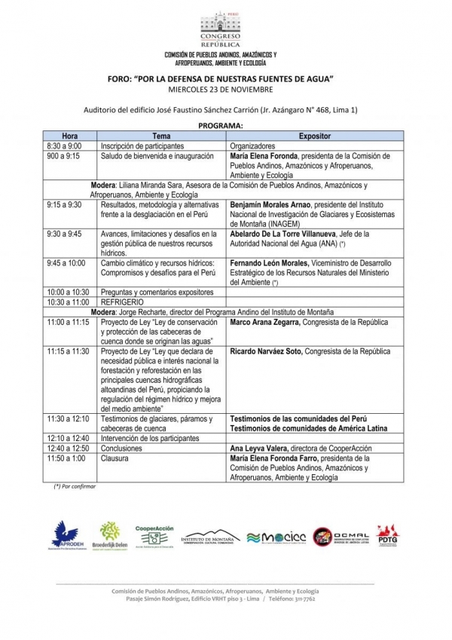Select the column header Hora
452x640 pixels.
(70, 136)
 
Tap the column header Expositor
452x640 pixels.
(310, 136)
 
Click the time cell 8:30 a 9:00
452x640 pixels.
(65, 145)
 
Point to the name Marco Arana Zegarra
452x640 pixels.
(264, 322)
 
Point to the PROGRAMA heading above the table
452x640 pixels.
(220, 126)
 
